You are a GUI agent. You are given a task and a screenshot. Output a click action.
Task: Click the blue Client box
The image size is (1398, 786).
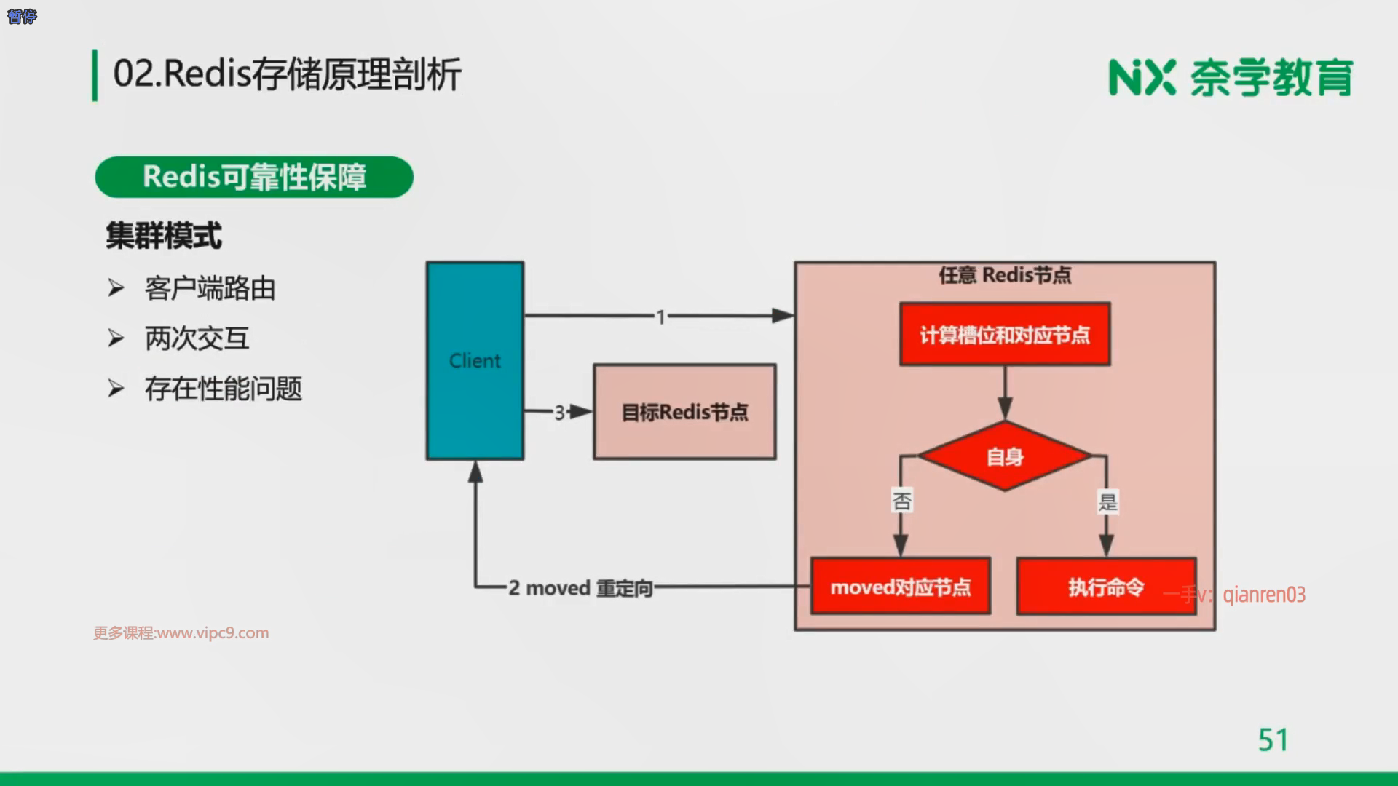click(x=475, y=361)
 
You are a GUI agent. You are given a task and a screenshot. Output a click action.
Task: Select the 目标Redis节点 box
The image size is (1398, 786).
click(x=684, y=412)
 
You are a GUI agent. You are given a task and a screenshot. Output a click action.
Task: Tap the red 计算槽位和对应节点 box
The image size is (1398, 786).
click(x=1005, y=334)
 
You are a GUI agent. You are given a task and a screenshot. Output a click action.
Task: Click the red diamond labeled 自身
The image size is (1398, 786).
click(x=1005, y=456)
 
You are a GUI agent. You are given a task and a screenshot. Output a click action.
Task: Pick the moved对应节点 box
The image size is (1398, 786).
click(x=901, y=587)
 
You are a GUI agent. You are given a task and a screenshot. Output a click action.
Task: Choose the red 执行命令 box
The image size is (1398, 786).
click(x=1106, y=587)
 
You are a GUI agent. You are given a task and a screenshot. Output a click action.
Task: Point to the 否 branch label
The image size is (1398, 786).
click(x=901, y=501)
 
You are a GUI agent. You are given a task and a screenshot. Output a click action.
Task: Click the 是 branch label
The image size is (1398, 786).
click(x=1107, y=501)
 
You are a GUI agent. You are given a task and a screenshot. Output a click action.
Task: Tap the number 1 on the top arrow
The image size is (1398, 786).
click(x=660, y=317)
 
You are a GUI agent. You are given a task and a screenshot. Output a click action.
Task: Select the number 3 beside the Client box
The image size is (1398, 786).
click(x=559, y=413)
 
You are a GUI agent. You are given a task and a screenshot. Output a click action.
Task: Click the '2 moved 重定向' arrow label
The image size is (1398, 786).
click(x=580, y=587)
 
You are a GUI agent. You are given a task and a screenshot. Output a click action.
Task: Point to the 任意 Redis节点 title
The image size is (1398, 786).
click(x=1005, y=275)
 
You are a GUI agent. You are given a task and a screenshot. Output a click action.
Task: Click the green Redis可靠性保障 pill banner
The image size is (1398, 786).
click(x=254, y=177)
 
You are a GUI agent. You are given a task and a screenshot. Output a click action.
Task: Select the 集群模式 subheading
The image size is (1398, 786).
click(x=164, y=236)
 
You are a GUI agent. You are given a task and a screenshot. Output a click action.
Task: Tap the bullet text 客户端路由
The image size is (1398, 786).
click(x=210, y=288)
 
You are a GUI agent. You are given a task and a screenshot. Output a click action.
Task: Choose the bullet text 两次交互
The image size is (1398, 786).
click(x=197, y=338)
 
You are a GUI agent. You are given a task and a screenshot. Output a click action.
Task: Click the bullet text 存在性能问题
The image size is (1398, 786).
click(x=223, y=389)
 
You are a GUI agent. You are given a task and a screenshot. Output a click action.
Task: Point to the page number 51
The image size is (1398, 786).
click(x=1273, y=740)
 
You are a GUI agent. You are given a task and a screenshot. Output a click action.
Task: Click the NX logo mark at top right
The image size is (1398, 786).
click(x=1142, y=77)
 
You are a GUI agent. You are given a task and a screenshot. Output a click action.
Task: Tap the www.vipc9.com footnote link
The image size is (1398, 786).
click(x=213, y=633)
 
